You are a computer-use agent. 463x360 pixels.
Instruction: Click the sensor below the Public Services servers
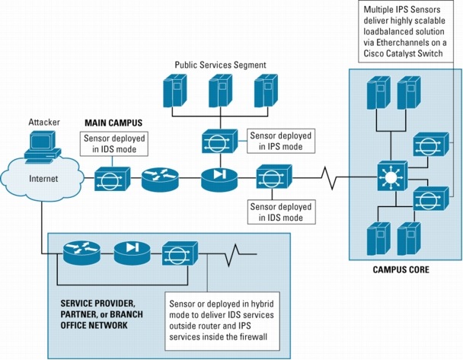click(217, 142)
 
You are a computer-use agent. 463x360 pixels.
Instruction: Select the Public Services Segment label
click(220, 66)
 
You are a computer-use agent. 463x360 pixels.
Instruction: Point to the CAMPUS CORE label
click(401, 269)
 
